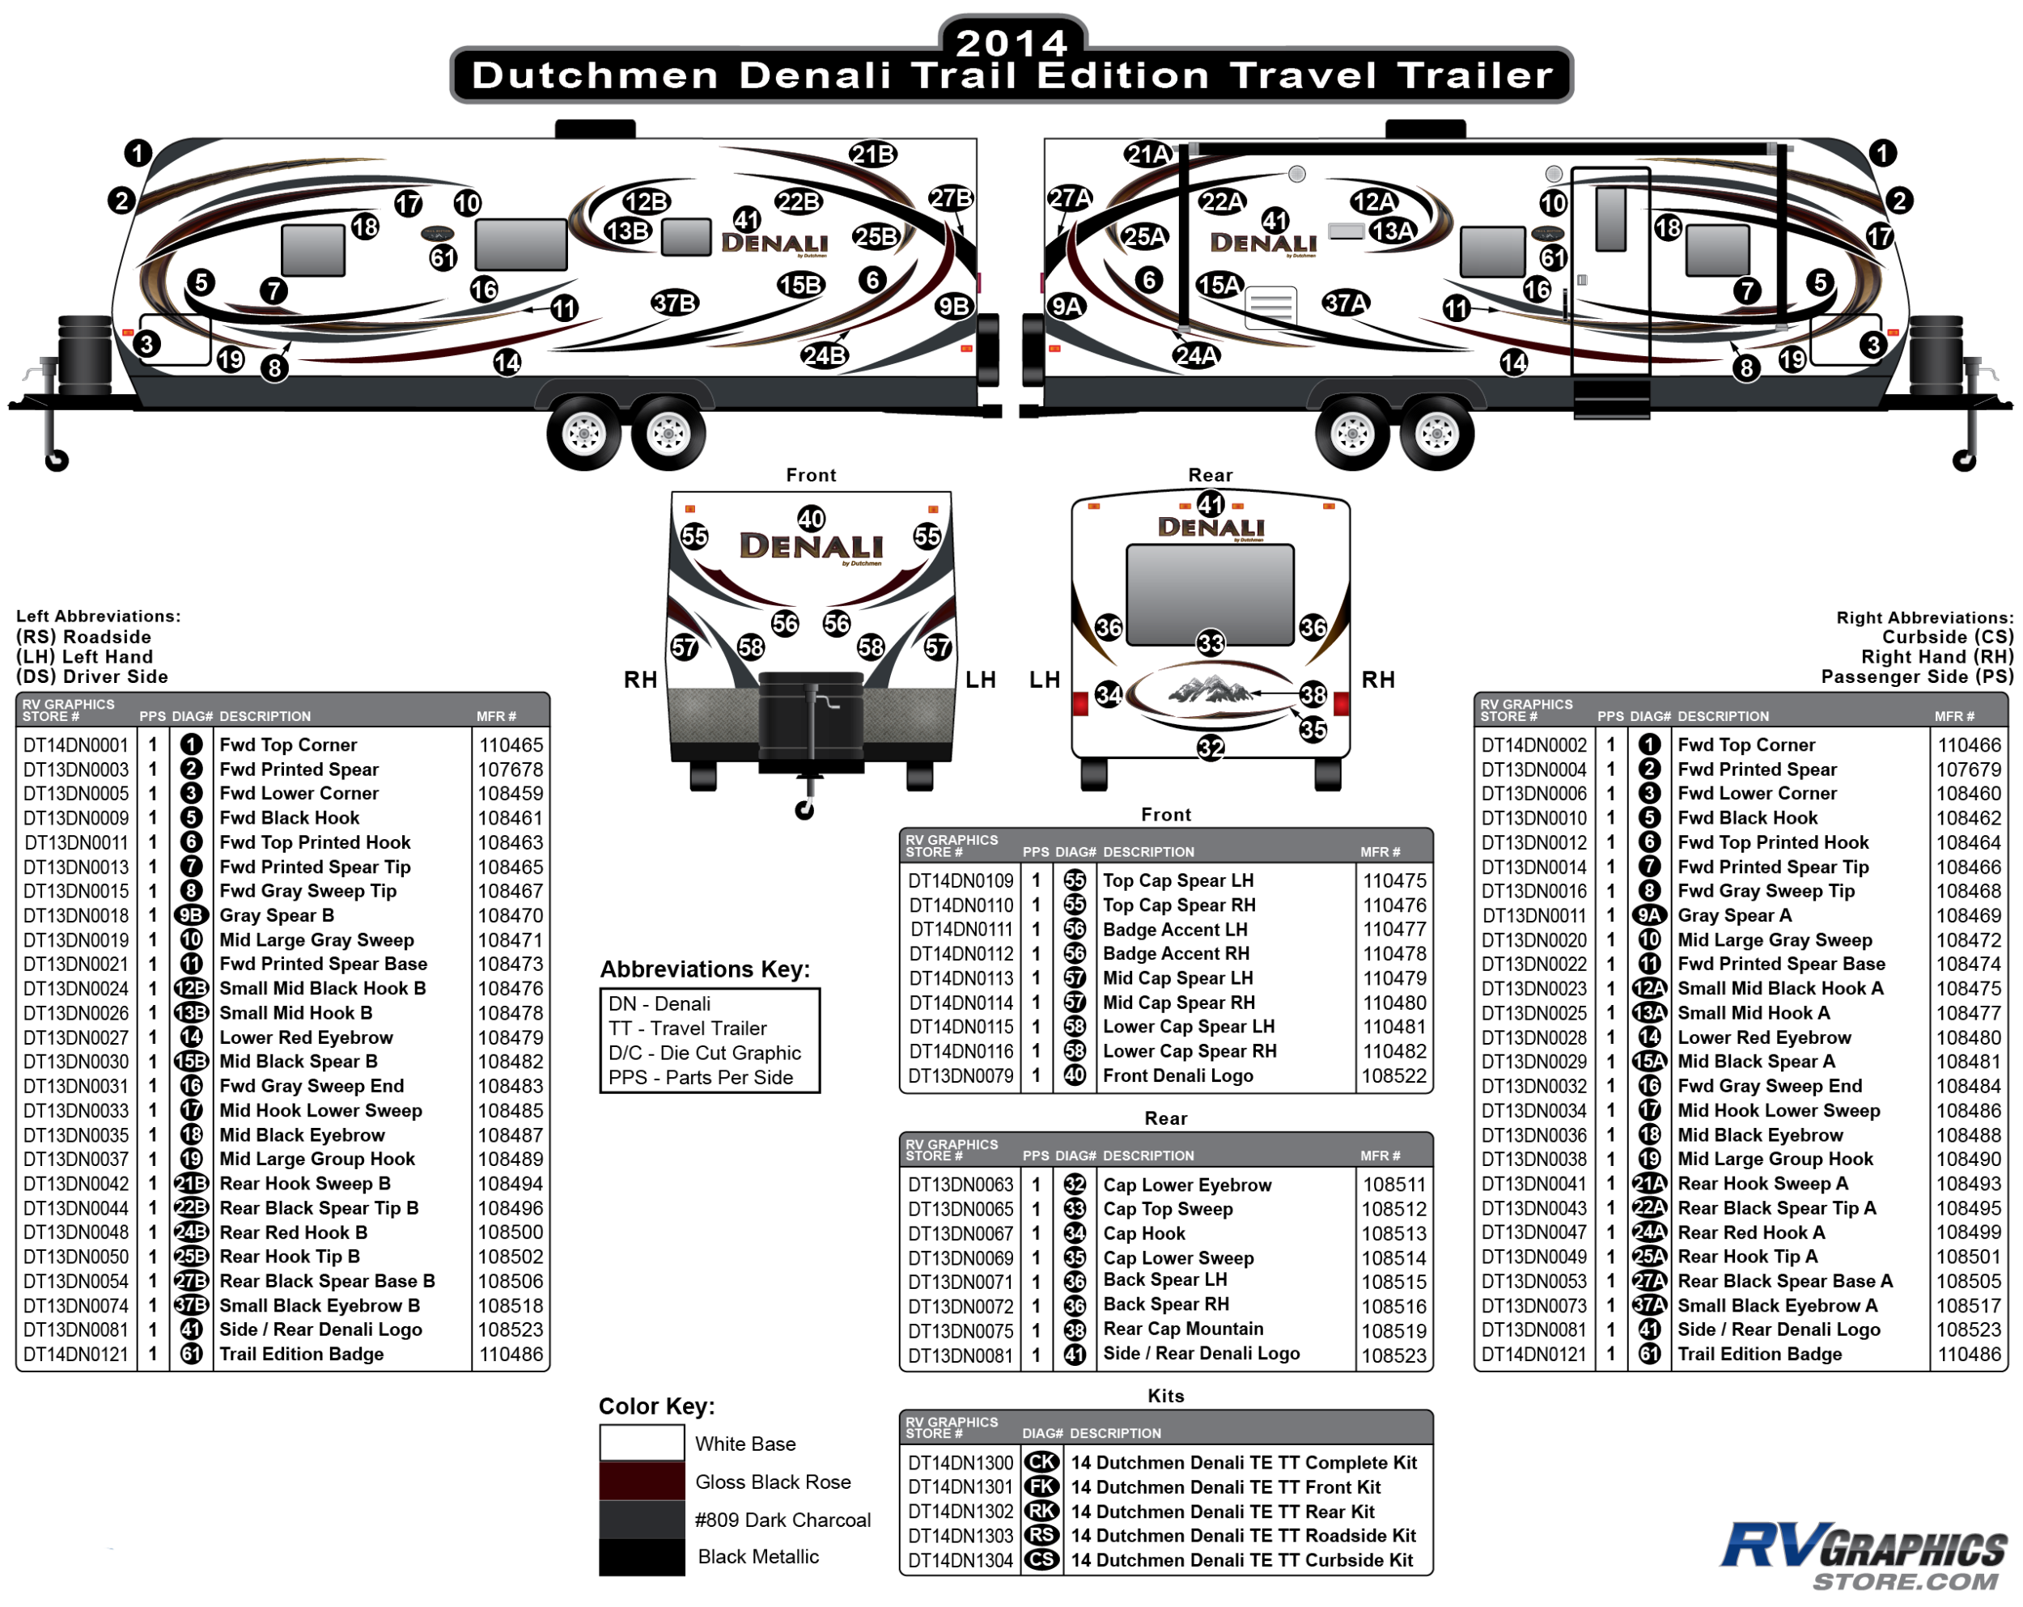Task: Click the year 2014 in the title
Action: click(x=1011, y=42)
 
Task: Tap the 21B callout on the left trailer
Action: click(x=872, y=155)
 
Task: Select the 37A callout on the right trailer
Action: click(x=1345, y=303)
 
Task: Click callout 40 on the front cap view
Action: click(x=811, y=519)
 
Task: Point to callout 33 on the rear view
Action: click(x=1211, y=642)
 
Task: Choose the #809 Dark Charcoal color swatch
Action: click(x=642, y=1520)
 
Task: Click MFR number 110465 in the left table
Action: click(x=511, y=745)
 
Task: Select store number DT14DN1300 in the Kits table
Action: click(x=960, y=1462)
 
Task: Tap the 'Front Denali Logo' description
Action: click(x=1177, y=1076)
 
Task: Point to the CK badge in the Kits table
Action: click(x=1041, y=1462)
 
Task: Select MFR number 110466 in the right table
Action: click(x=1969, y=745)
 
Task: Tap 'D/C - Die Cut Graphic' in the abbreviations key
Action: click(x=704, y=1053)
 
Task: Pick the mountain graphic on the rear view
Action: click(x=1211, y=691)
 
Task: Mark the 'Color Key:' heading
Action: click(x=656, y=1406)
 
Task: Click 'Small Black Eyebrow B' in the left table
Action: click(x=319, y=1305)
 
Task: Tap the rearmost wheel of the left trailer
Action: click(x=668, y=434)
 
